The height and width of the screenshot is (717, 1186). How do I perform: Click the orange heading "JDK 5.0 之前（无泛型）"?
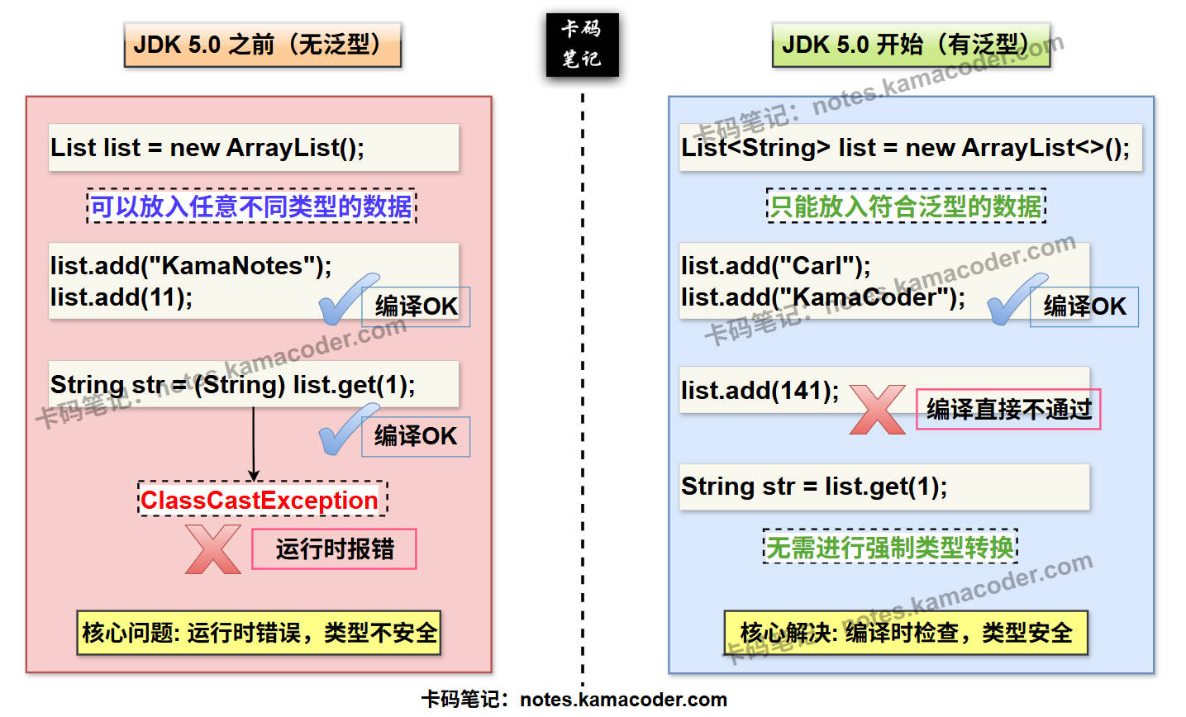(262, 45)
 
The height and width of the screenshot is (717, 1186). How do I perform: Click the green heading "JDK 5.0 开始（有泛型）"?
(910, 45)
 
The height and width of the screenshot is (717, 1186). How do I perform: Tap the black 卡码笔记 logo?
(582, 45)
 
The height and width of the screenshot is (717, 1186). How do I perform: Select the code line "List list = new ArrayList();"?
(207, 148)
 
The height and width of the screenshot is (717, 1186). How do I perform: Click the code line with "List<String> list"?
(905, 148)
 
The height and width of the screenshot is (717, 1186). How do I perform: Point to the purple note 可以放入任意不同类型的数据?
(251, 206)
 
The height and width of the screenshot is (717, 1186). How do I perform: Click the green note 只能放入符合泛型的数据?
(906, 206)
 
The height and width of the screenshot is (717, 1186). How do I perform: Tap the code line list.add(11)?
(121, 297)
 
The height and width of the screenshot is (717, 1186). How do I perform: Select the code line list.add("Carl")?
(775, 266)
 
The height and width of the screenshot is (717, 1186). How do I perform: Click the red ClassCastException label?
(260, 500)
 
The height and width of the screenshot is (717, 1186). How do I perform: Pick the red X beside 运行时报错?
(212, 549)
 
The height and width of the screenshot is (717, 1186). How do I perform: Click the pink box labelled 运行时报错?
(334, 549)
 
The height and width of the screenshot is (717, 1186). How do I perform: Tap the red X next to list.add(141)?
(877, 410)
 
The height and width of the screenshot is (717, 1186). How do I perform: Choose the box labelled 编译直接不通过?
(1008, 410)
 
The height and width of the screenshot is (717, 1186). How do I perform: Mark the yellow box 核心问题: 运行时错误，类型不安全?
(259, 633)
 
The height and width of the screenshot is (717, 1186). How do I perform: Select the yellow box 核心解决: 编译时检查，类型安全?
(906, 633)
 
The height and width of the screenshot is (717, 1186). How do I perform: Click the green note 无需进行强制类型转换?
(890, 547)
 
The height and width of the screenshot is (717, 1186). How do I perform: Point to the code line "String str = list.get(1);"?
(814, 487)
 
